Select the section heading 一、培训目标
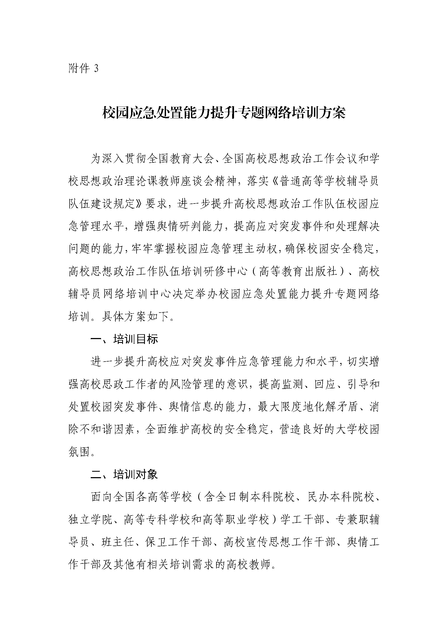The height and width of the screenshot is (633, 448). click(124, 340)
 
